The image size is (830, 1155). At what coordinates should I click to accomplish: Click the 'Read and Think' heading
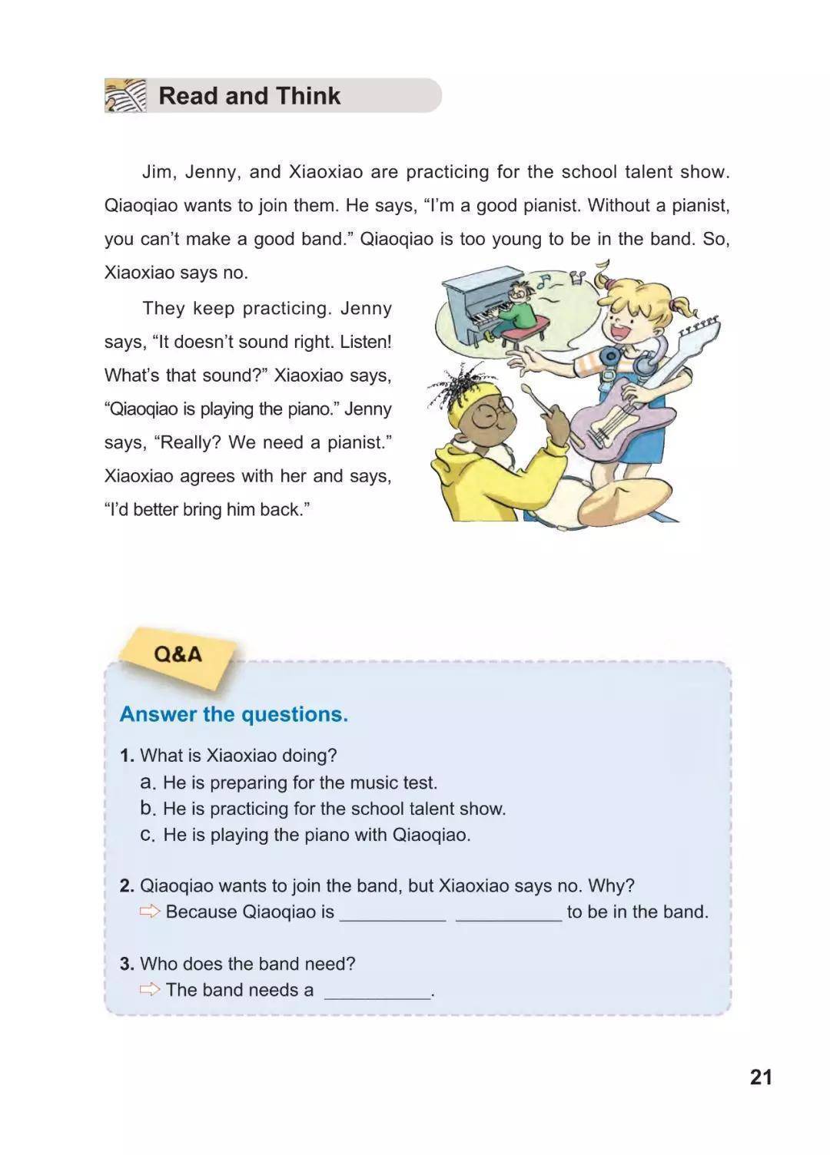click(249, 96)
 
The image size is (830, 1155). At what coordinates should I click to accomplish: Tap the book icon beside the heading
click(125, 96)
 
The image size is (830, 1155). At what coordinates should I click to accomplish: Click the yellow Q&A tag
click(178, 654)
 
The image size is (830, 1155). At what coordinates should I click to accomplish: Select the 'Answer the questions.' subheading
click(234, 714)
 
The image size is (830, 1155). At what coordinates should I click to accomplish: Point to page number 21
click(760, 1077)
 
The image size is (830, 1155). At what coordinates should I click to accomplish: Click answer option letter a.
click(148, 783)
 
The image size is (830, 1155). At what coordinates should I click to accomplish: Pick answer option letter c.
click(148, 835)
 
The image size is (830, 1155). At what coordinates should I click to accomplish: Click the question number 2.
click(127, 885)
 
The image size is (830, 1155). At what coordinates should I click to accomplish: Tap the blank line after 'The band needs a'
click(377, 992)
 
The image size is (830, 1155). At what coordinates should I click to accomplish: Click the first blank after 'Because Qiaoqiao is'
click(392, 914)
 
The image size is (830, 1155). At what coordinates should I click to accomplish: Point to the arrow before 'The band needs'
click(150, 989)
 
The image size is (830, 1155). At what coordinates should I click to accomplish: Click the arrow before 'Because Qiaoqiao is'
click(150, 912)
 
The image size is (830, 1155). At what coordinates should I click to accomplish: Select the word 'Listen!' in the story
click(366, 342)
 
